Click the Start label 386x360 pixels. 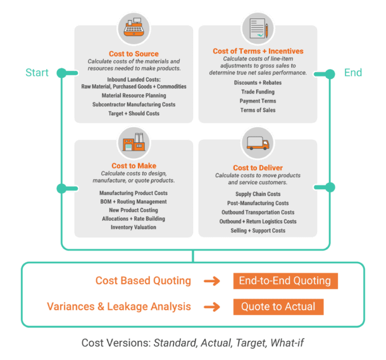point(37,73)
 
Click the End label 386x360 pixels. point(352,73)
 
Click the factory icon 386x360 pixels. point(134,142)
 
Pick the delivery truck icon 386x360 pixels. point(258,143)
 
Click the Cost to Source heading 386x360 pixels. point(134,54)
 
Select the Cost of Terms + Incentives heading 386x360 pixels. point(258,51)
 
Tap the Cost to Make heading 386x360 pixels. point(133,166)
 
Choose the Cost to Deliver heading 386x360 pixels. point(258,168)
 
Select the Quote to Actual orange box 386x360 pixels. point(278,307)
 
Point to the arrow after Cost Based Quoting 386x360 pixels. point(212,281)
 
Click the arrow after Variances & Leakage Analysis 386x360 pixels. point(212,307)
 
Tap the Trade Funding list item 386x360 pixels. point(258,92)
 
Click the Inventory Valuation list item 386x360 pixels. point(133,227)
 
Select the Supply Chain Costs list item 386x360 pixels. point(258,194)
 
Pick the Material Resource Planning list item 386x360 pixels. point(134,96)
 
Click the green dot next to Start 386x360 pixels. point(61,73)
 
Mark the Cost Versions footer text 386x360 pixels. point(193,343)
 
